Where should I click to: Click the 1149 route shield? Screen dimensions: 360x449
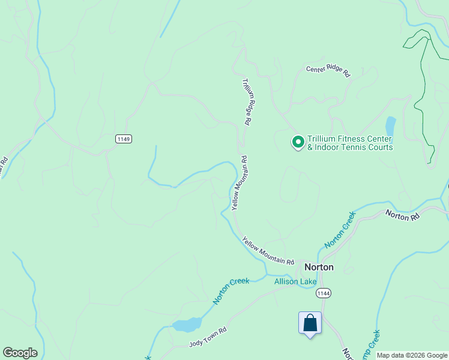[124, 139]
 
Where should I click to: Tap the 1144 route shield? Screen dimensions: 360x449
[324, 293]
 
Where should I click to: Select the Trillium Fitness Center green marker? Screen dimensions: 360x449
[298, 142]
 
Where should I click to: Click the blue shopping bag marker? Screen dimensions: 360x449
[310, 323]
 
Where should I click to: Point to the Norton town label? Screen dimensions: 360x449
[319, 267]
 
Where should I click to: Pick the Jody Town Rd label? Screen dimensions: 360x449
[208, 336]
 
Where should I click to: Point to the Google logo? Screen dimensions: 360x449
[20, 353]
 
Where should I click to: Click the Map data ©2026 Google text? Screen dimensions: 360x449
[412, 355]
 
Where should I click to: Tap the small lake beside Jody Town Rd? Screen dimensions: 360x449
[187, 325]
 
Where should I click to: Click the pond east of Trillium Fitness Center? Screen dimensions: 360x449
[391, 126]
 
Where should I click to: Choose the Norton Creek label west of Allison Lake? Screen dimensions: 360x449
[231, 290]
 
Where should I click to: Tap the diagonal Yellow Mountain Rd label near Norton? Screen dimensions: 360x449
[268, 251]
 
